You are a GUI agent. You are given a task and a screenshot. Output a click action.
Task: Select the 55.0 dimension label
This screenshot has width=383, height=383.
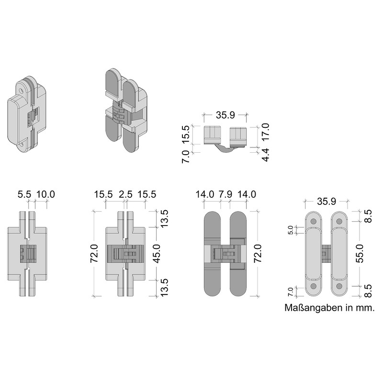(360, 253)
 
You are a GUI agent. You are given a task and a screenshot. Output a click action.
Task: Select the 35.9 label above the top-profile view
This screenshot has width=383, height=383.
(225, 115)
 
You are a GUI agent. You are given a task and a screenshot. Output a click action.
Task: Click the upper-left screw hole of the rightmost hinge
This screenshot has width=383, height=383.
(314, 221)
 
